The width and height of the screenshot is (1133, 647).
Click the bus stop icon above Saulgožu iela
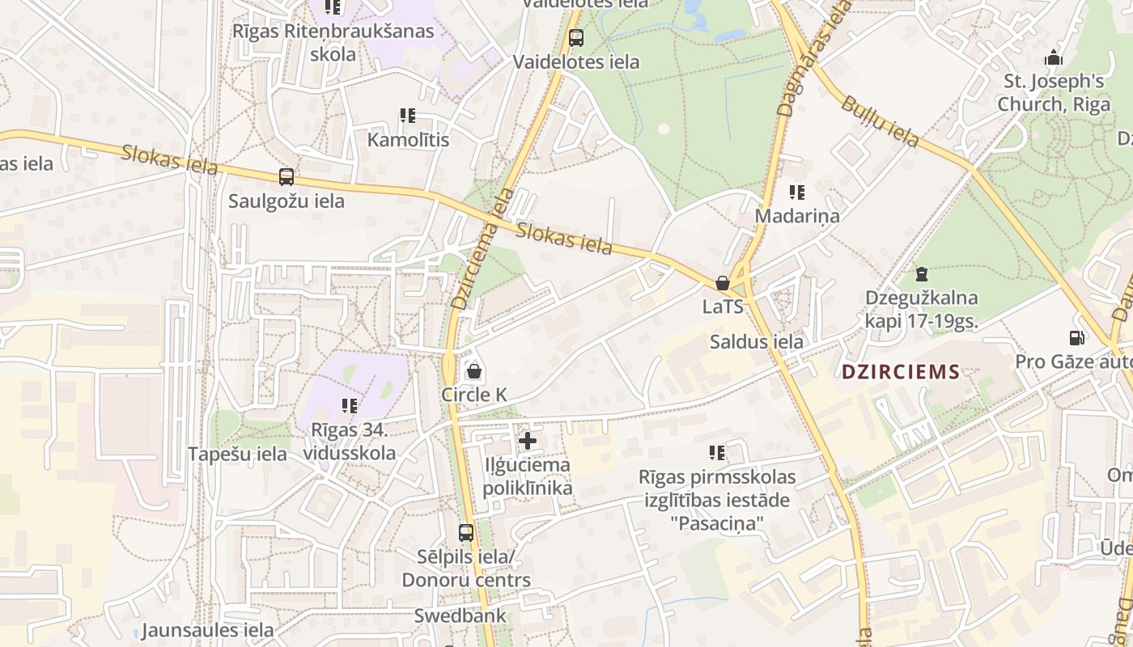(286, 177)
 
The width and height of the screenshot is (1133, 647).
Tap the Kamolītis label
(408, 140)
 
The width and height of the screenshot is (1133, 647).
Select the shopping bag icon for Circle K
(474, 371)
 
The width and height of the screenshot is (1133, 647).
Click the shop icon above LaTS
(723, 283)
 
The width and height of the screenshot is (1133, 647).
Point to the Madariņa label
(797, 216)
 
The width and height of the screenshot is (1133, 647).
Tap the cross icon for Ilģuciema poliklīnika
(528, 441)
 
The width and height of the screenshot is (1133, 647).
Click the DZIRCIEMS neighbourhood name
(901, 373)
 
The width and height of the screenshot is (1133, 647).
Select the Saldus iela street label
(757, 341)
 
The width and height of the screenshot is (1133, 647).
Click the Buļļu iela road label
(880, 121)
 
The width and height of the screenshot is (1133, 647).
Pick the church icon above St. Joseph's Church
(1054, 57)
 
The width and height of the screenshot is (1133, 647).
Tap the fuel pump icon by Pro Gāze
(1076, 338)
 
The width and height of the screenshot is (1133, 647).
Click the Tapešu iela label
(237, 454)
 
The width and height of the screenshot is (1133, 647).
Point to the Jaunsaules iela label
(207, 630)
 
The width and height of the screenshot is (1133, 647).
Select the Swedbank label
(460, 615)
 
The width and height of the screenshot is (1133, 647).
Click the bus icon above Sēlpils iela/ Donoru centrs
(466, 533)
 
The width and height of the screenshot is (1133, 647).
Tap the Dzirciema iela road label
(483, 249)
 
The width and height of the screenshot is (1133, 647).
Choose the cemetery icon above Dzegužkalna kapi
(921, 274)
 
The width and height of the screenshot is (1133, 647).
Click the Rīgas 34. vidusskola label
(350, 441)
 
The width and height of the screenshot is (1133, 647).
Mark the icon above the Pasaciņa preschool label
(716, 453)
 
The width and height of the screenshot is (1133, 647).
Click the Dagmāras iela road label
(813, 57)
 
